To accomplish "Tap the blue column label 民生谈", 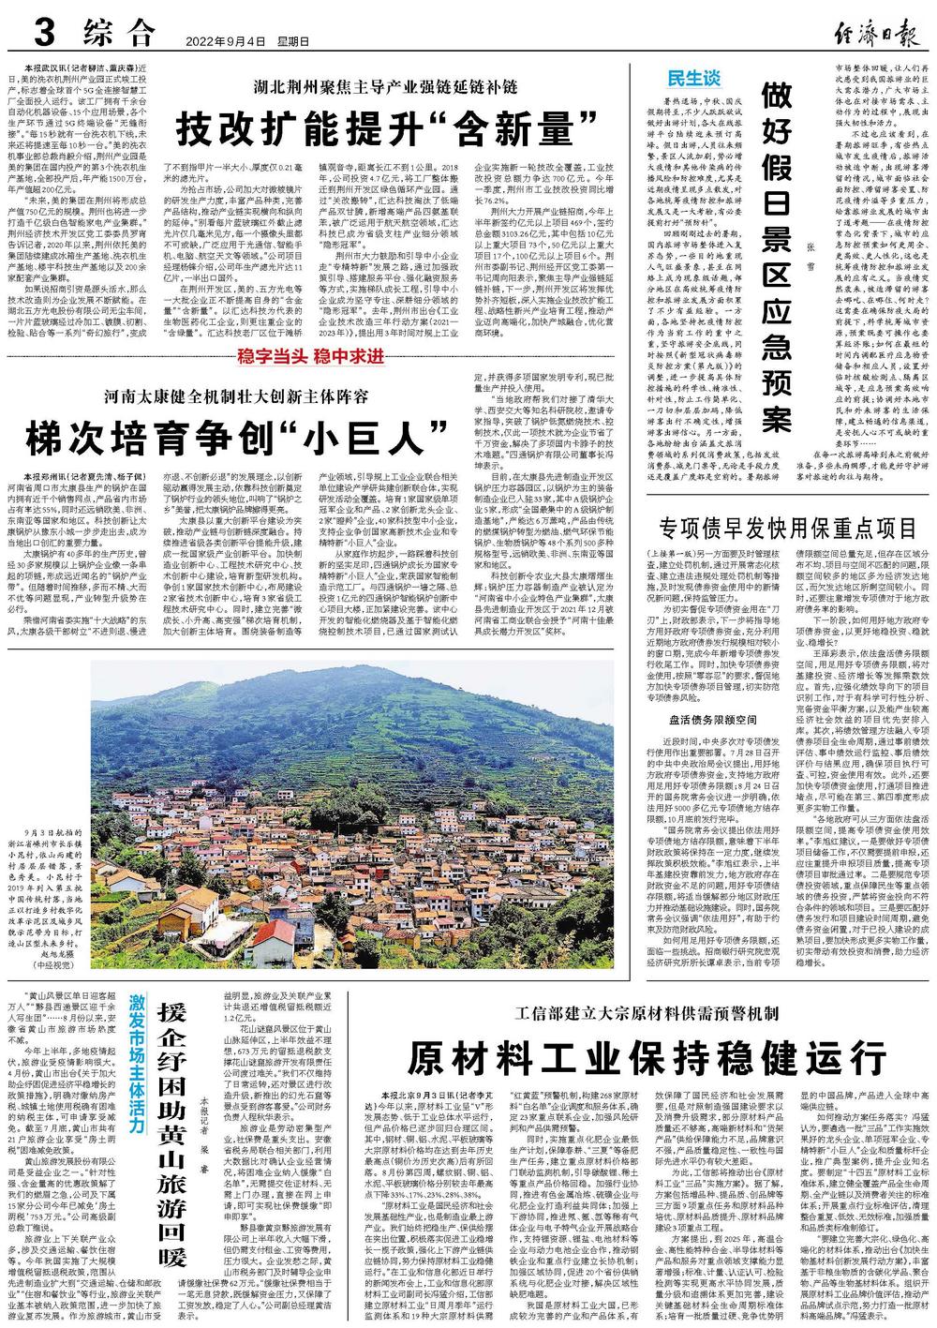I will pos(693,78).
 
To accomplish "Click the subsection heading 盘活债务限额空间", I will pos(713,720).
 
